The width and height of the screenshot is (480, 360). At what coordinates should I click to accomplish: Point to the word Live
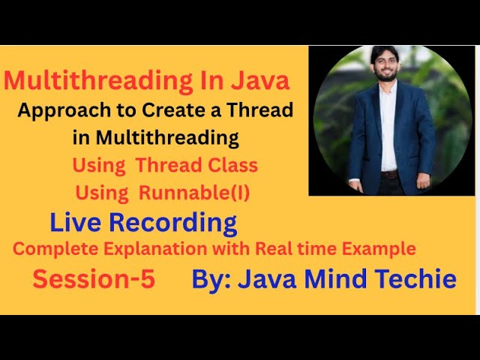(x=76, y=223)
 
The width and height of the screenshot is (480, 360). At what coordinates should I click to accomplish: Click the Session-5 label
(x=94, y=279)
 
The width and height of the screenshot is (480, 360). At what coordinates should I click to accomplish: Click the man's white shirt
(x=388, y=127)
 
